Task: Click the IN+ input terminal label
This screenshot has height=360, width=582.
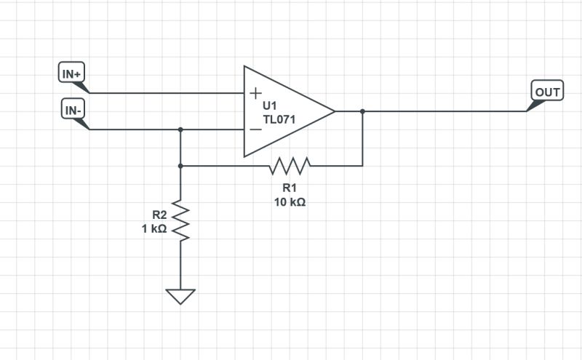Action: pos(71,73)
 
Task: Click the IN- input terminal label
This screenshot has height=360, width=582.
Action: pos(71,110)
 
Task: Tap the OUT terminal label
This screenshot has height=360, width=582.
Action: pos(548,92)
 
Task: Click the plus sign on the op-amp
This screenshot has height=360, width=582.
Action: pos(255,93)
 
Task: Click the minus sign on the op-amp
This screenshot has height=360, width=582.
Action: pos(255,129)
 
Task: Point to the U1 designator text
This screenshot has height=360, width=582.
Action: pos(271,105)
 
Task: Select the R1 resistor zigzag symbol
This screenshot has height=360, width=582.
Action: pos(289,166)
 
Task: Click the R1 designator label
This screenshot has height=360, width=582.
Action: pos(289,188)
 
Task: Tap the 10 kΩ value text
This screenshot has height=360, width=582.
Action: pos(289,202)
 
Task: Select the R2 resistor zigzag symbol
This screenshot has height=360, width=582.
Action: pos(180,220)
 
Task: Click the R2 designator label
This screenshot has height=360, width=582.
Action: pos(159,215)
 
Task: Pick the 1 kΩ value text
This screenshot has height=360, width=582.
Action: pos(154,228)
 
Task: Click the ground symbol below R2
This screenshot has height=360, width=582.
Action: pos(180,296)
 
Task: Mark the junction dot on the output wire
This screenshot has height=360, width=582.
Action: pos(362,111)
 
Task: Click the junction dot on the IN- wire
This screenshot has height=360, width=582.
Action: pos(180,129)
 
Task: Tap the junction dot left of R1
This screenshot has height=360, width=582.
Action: pos(180,166)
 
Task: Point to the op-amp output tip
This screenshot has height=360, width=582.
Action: pos(334,111)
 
